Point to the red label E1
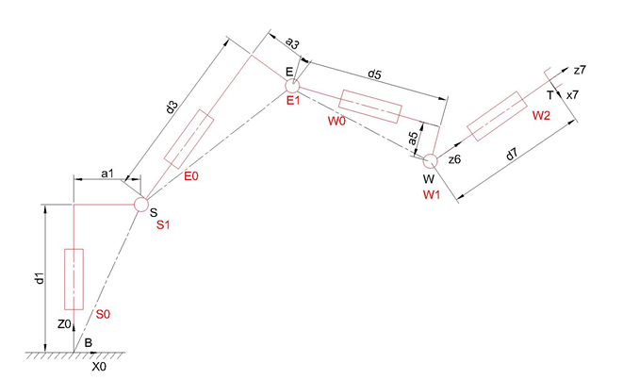pos(292,100)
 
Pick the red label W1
pos(433,194)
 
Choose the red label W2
pos(541,115)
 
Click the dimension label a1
pos(107,173)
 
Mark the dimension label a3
pos(293,43)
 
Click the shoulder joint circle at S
pos(140,204)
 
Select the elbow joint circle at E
pos(293,86)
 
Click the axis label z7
pos(581,71)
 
